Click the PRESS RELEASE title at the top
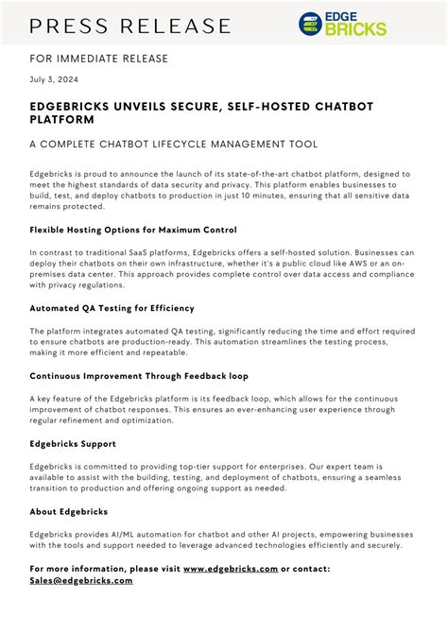[x=130, y=25]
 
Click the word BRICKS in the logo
[x=355, y=29]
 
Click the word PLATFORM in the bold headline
[x=61, y=120]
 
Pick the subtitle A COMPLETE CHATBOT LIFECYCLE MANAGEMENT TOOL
[x=173, y=144]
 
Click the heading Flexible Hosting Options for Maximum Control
[x=133, y=230]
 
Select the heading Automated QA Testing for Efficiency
[x=112, y=308]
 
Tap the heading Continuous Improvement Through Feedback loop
[x=139, y=375]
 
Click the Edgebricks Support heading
[x=73, y=443]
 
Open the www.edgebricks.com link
[x=231, y=569]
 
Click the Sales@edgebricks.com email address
[x=81, y=580]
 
